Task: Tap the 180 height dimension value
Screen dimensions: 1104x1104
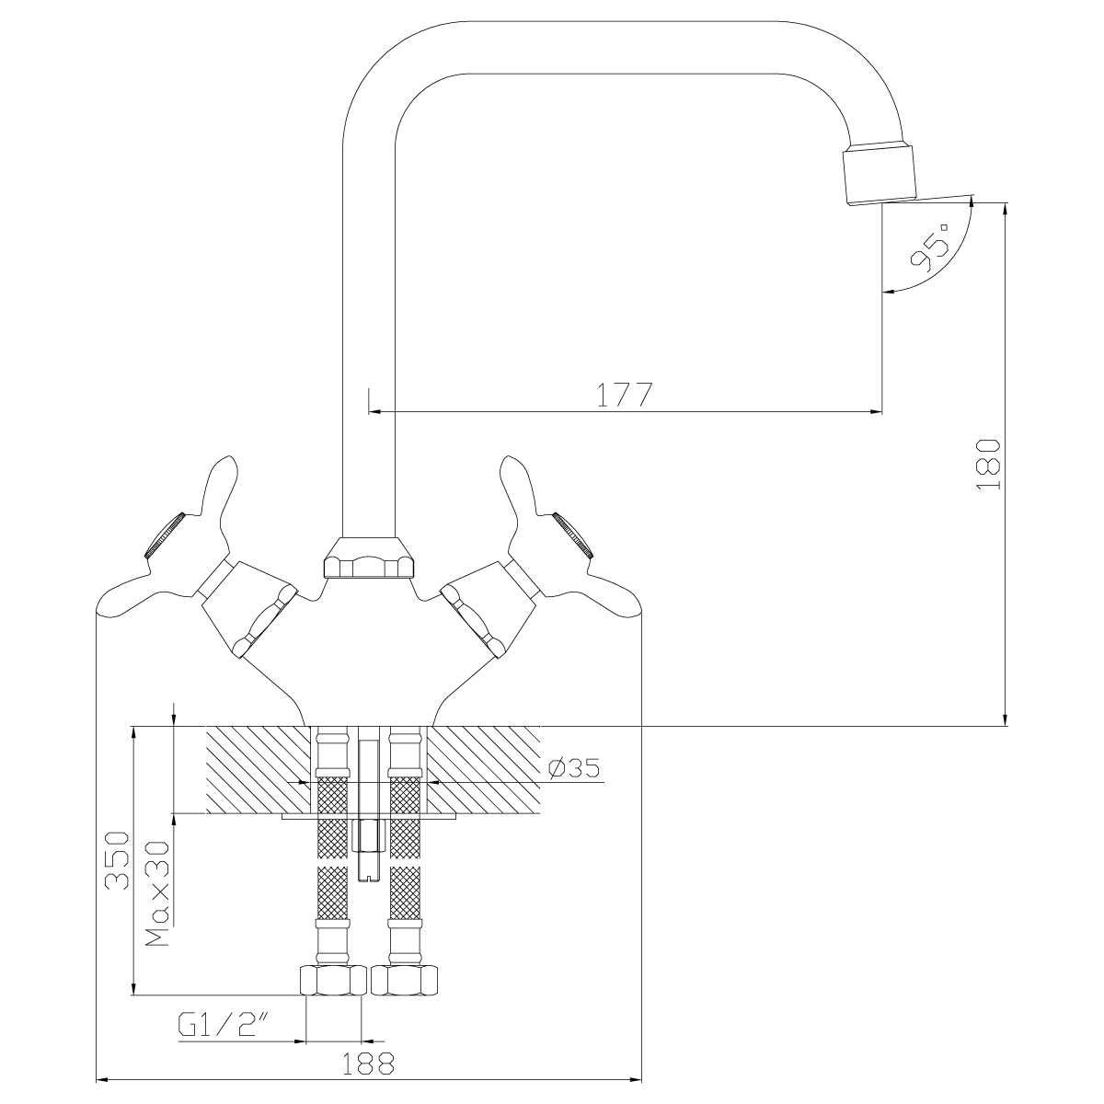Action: [987, 465]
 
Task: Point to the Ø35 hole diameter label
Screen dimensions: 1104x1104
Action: [574, 768]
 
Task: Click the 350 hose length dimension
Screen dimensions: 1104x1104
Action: [116, 860]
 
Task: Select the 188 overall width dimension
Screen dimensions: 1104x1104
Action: [368, 1065]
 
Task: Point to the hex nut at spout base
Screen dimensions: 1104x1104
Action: [369, 558]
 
